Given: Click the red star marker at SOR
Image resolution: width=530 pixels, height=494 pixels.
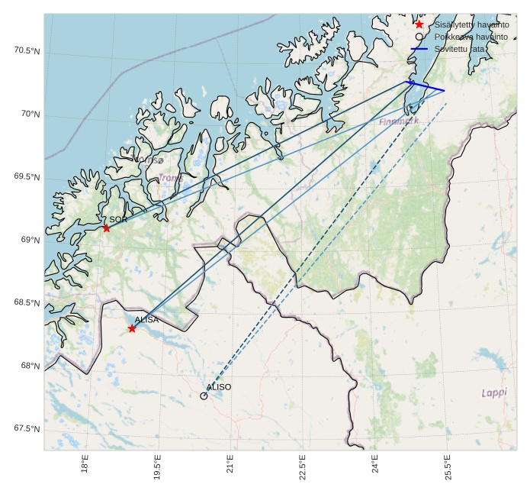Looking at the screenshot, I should pos(106,228).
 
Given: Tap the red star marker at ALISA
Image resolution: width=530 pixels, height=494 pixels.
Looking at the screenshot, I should pos(132,328).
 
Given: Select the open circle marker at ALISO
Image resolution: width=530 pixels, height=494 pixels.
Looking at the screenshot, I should pos(204,396).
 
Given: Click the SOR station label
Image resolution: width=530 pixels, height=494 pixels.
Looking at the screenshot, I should pos(118,219).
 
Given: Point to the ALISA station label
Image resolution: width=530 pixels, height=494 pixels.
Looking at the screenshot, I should pos(146,320).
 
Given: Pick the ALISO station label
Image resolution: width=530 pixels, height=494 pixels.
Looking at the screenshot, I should pos(219,387).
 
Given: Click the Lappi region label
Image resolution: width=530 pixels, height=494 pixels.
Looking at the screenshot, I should pos(494,392).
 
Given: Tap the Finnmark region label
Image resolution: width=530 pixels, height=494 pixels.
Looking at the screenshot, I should pos(399,121).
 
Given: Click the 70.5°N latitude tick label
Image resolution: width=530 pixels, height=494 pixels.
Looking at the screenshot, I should pos(27,51).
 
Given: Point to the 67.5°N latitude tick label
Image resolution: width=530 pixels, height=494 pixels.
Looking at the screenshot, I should pos(27,429).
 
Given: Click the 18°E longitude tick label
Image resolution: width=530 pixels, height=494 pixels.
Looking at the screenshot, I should pos(85,468).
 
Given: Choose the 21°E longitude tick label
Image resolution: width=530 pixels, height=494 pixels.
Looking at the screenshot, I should pos(230,468).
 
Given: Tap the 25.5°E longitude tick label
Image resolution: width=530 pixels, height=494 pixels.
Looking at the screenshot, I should pos(447,468).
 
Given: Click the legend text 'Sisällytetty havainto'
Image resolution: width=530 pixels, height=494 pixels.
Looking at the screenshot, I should pos(471,24).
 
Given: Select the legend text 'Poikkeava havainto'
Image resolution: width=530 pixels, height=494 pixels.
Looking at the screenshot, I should pos(467,37).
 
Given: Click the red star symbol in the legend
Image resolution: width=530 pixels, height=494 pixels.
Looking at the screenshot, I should pos(419,24).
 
